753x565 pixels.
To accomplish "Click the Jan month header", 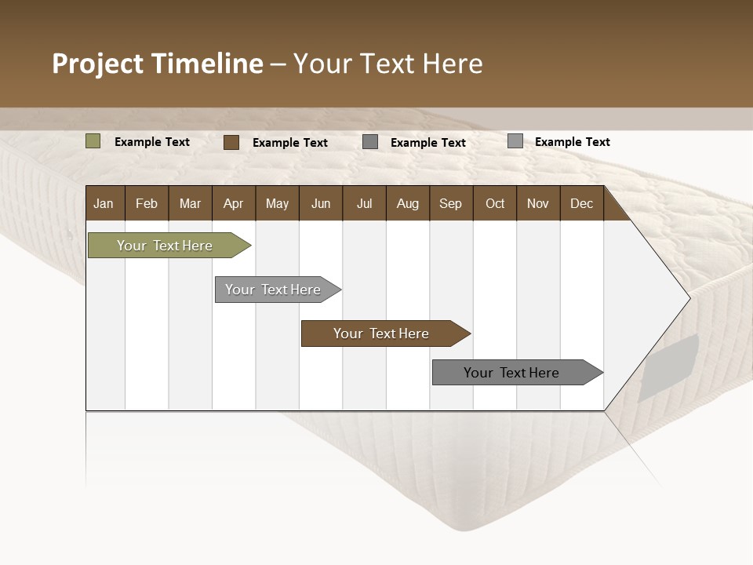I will click(x=104, y=203).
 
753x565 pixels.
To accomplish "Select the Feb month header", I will click(x=147, y=203).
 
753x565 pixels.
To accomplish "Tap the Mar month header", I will click(x=190, y=203).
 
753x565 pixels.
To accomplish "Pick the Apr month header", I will click(x=233, y=203).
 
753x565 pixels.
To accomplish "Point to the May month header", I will click(x=277, y=203).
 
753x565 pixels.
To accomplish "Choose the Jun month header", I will click(x=321, y=203).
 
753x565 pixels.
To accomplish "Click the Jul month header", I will click(x=364, y=203).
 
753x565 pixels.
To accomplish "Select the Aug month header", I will click(x=407, y=203).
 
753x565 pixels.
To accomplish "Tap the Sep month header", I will click(x=450, y=203).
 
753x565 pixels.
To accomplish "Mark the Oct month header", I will click(x=495, y=203).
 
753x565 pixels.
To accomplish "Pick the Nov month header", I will click(x=538, y=203).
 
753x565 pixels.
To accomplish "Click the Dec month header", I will click(x=581, y=203).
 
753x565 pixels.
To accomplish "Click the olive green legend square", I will click(x=93, y=141).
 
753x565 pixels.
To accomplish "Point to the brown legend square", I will click(x=231, y=142).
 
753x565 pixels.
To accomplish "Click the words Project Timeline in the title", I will click(x=158, y=64).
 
